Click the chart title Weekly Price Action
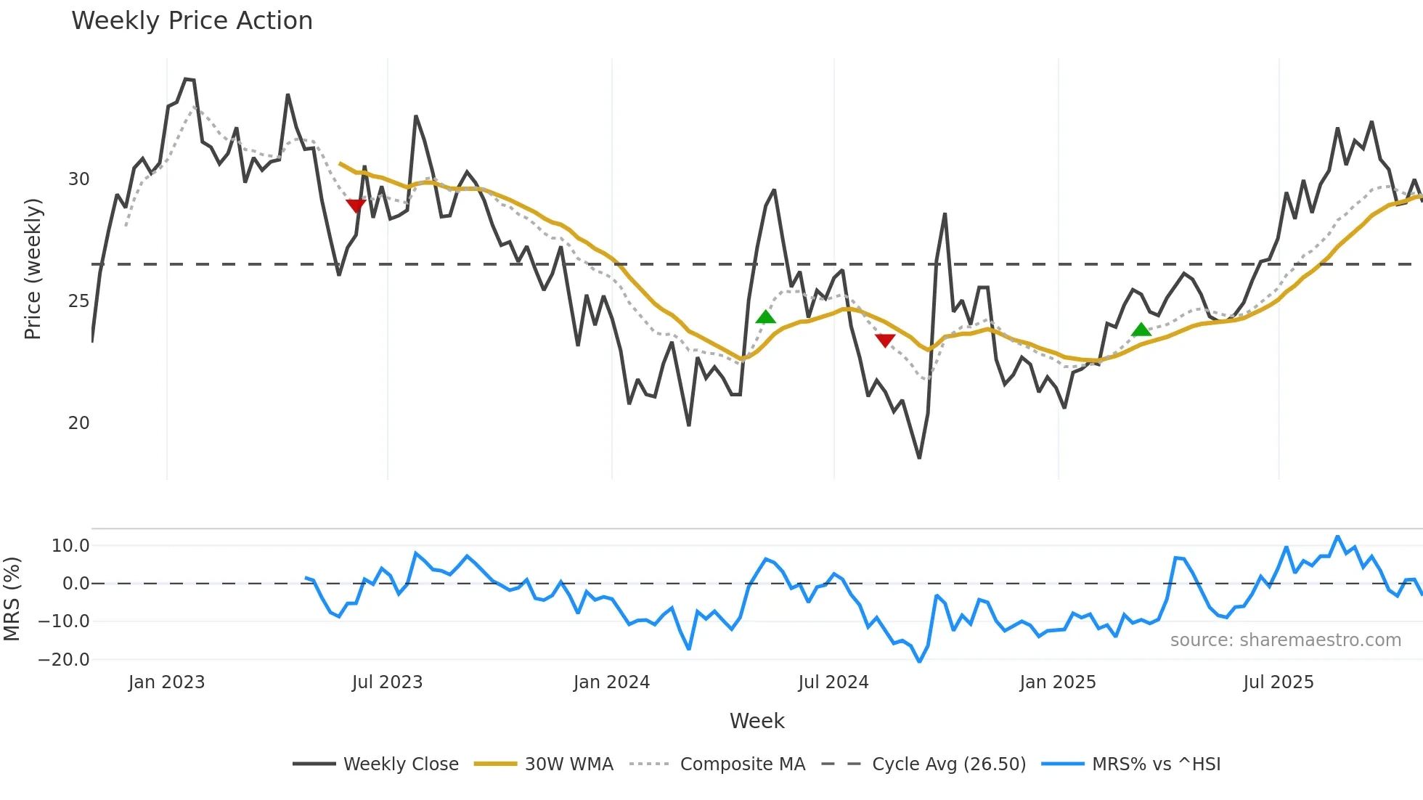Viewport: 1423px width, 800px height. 192,21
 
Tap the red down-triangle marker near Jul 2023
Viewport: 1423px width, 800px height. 356,206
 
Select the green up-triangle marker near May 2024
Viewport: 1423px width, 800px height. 765,317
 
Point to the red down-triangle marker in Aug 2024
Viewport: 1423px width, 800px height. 885,340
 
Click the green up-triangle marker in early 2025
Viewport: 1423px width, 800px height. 1141,330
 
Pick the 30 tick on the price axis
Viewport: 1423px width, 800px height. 78,179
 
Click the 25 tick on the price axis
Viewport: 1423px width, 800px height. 78,301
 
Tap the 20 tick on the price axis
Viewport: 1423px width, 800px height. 78,423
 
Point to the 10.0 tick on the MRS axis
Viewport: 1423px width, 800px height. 70,546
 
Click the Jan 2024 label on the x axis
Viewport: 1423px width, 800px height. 611,682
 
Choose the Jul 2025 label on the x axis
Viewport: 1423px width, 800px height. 1278,682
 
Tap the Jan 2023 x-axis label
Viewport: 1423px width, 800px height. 166,682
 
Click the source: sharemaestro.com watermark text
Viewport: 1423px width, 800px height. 1285,640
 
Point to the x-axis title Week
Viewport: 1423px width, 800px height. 757,721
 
